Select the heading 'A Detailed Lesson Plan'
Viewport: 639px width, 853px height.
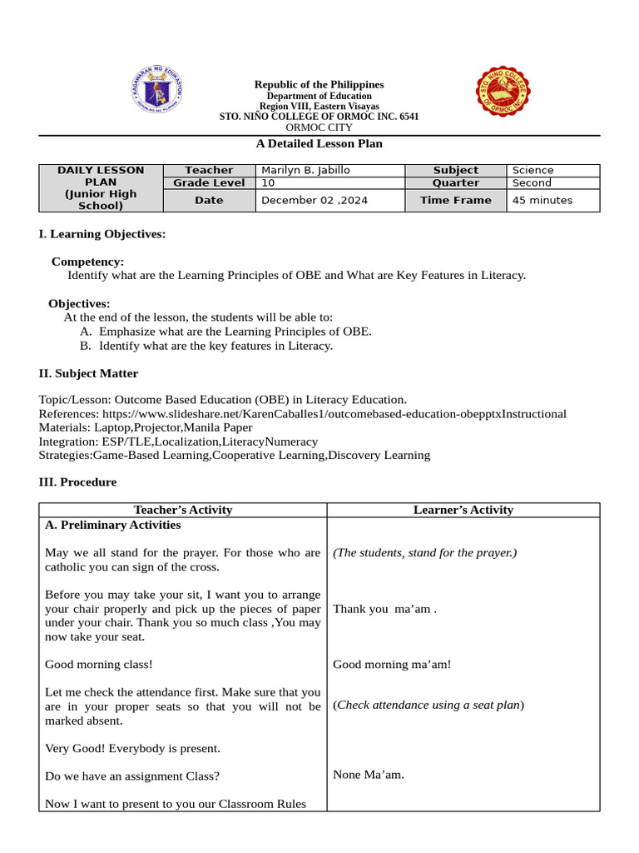point(319,143)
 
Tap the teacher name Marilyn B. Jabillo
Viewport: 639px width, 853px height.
point(305,170)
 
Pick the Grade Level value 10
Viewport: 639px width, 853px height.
point(268,182)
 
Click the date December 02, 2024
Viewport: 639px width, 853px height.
point(314,200)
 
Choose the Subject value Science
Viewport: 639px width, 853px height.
point(532,170)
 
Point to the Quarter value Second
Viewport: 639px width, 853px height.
point(532,182)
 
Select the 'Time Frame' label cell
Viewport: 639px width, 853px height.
point(455,200)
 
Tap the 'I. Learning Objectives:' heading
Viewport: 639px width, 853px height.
point(102,234)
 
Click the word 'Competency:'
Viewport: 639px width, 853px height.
point(87,262)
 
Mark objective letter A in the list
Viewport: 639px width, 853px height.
point(85,332)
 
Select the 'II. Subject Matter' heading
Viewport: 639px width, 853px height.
point(88,373)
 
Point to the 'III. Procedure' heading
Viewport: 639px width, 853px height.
point(77,482)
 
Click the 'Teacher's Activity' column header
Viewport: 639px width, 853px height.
point(183,510)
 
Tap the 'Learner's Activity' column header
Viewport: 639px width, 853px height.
point(463,510)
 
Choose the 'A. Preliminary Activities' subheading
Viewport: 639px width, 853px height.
point(112,525)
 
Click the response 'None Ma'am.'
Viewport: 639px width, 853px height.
point(368,775)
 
